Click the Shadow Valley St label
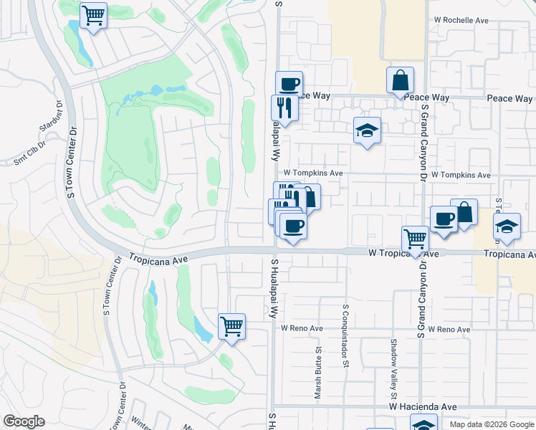point(393,368)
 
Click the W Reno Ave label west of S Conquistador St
point(302,328)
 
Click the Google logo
point(24,421)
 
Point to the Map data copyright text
point(492,424)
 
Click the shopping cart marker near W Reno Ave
point(231,326)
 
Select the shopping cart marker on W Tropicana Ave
point(415,237)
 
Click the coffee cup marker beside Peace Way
point(289,83)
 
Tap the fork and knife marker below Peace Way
point(284,107)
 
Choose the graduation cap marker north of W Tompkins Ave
point(367,130)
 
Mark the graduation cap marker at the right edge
point(507,226)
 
